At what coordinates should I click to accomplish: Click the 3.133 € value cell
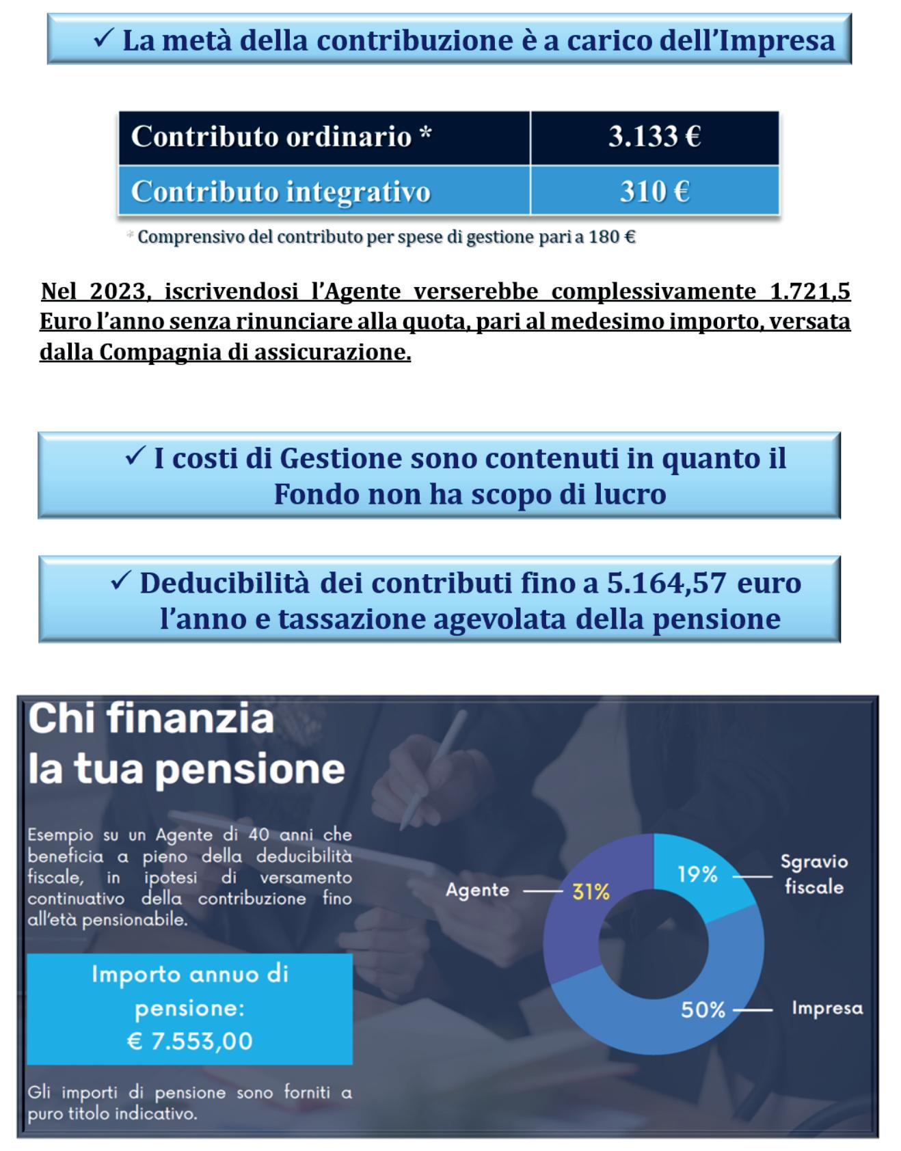(x=654, y=136)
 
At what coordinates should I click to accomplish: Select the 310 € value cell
(x=654, y=191)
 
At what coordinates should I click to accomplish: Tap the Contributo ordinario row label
(x=281, y=136)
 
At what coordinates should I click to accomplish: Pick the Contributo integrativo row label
(x=280, y=191)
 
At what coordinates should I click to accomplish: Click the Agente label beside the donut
(x=477, y=890)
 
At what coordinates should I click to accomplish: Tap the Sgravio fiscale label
(x=813, y=874)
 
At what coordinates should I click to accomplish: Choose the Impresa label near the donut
(x=827, y=1008)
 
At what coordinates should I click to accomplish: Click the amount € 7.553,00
(x=189, y=1041)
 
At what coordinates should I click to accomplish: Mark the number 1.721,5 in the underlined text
(x=810, y=291)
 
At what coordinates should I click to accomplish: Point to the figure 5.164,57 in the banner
(x=666, y=583)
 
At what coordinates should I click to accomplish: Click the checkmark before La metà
(x=103, y=39)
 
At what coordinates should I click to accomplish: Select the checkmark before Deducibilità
(x=120, y=581)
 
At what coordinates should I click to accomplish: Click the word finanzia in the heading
(x=189, y=718)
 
